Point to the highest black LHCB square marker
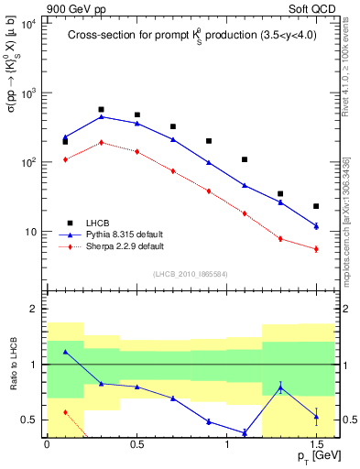pos(102,109)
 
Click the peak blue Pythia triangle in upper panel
pos(102,116)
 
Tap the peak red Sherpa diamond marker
pos(102,142)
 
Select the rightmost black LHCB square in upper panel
pos(316,206)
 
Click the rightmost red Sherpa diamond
pos(316,249)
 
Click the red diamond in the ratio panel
pos(66,412)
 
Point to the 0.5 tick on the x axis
pos(136,443)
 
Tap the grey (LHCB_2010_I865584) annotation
pos(190,274)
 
